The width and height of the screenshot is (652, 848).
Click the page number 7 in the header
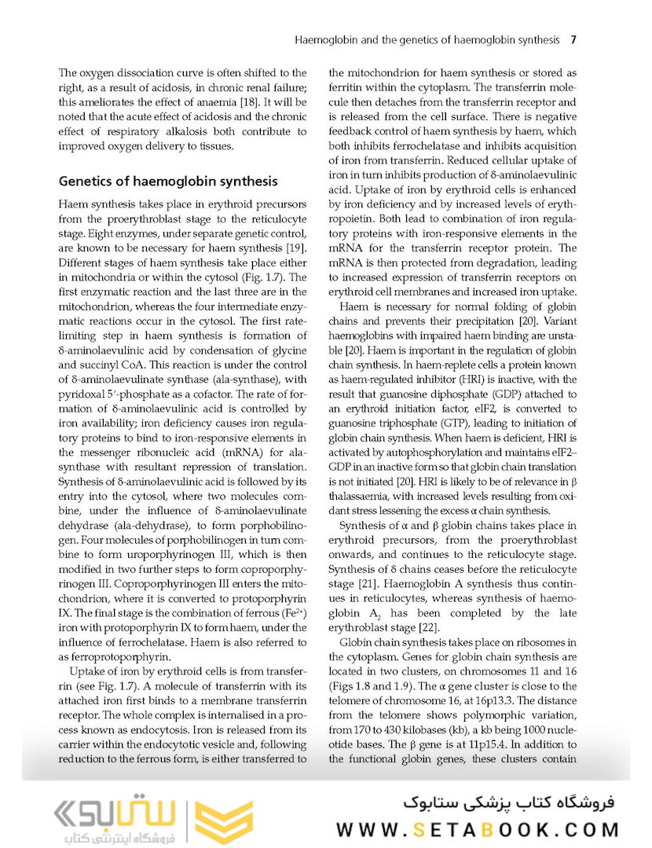574,39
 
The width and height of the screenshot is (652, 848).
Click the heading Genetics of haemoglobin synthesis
168,182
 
